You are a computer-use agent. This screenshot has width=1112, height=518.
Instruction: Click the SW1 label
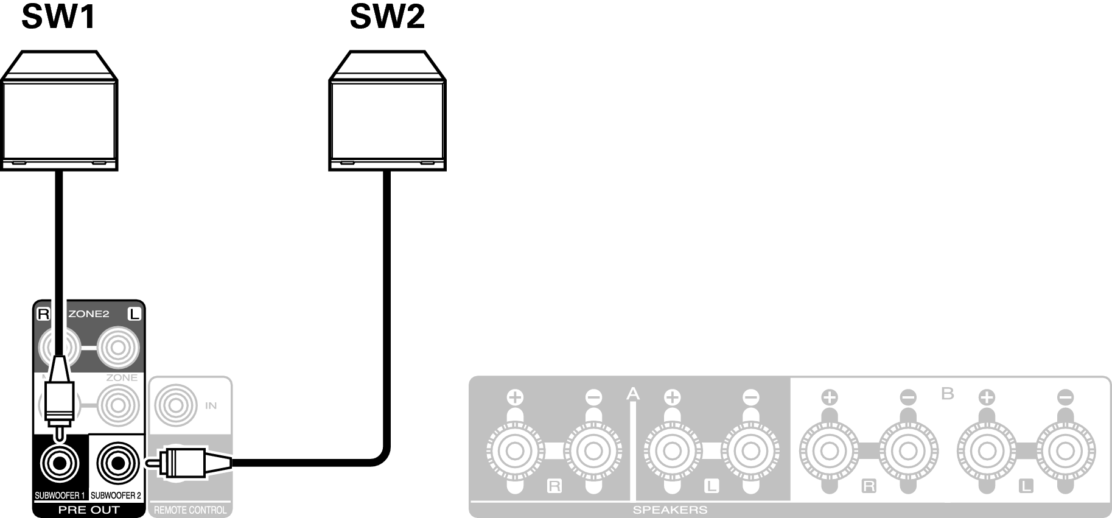tap(59, 16)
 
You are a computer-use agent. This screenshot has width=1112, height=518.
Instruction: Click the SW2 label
tap(387, 16)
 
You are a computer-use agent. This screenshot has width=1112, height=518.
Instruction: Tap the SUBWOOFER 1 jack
tap(59, 464)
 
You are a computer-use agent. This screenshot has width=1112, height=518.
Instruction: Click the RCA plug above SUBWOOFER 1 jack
tap(59, 396)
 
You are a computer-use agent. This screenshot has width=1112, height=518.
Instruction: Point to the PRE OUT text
tap(89, 510)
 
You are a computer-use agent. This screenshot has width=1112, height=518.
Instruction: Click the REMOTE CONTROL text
tap(190, 510)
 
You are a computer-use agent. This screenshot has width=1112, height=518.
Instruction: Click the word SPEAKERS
tap(670, 510)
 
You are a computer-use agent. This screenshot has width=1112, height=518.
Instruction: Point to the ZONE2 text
tap(89, 314)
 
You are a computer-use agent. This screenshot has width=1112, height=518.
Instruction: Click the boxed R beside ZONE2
tap(43, 314)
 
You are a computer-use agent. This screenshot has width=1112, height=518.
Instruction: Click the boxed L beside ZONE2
tap(134, 314)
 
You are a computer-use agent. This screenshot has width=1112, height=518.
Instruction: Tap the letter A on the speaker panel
tap(633, 394)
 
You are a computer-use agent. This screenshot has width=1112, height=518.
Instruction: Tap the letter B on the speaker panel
tap(947, 394)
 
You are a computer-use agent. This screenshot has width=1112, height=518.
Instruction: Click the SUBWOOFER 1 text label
tap(60, 495)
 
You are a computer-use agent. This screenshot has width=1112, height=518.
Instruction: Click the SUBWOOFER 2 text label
tap(116, 495)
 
